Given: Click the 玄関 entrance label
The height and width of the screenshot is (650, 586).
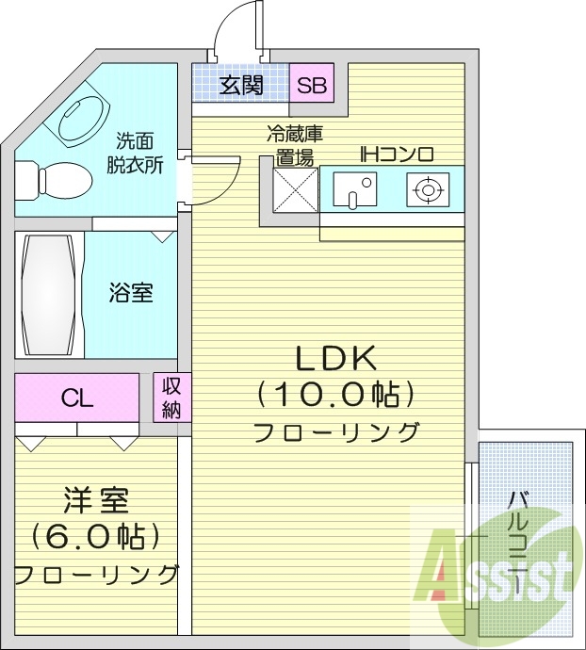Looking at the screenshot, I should point(241,86).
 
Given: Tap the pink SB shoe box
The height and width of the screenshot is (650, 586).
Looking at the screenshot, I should point(311,86).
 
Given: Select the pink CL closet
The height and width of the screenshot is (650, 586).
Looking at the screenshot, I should point(77,398).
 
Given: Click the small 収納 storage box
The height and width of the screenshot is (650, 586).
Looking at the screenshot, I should point(171,397).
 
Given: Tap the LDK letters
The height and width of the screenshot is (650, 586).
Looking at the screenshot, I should point(336,357).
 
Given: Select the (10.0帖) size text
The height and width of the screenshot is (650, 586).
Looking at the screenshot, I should point(336,394).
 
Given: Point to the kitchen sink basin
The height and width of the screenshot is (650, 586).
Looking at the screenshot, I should point(354,190).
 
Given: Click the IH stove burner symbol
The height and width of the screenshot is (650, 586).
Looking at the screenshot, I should point(427,190).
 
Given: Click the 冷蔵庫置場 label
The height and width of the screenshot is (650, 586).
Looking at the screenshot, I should point(294,146).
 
